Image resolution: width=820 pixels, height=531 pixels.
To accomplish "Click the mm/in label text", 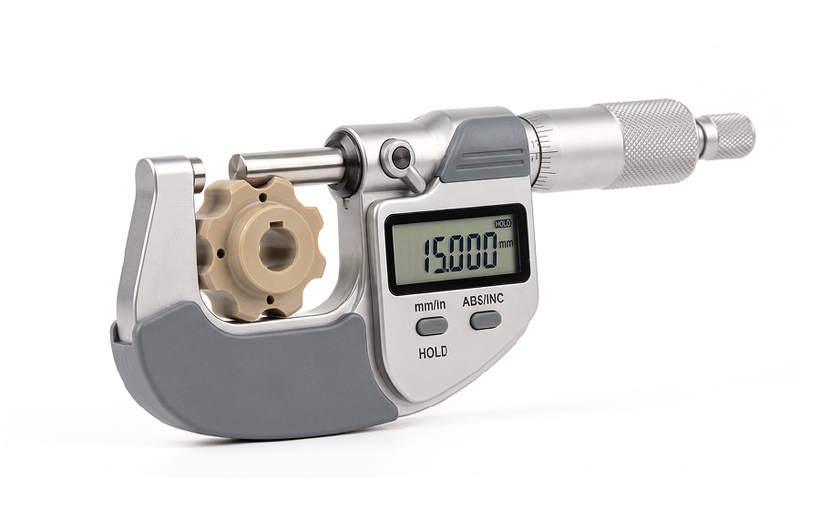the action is coord(430,306).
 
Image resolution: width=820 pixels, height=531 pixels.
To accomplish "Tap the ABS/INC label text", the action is coord(483,300).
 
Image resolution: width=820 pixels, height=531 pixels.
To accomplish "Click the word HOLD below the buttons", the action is coord(433,352).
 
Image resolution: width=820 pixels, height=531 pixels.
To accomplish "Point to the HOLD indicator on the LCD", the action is coord(503,224).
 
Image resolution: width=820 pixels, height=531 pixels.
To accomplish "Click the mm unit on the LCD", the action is coord(507,244).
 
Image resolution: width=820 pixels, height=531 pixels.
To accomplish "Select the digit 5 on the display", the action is coord(444,254).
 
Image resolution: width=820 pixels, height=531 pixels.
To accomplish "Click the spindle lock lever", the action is coord(405,162).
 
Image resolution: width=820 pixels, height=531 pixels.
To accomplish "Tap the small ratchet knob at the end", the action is coord(727,137).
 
